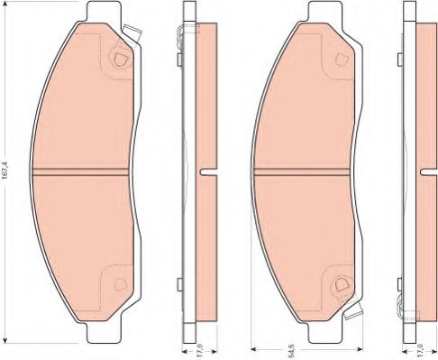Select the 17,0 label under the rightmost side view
(x=420, y=351)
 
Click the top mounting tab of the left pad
(x=104, y=12)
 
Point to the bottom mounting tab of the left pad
(x=104, y=333)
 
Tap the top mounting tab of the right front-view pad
(x=325, y=12)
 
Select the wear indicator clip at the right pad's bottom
(x=353, y=310)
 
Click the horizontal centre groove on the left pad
(x=80, y=171)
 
